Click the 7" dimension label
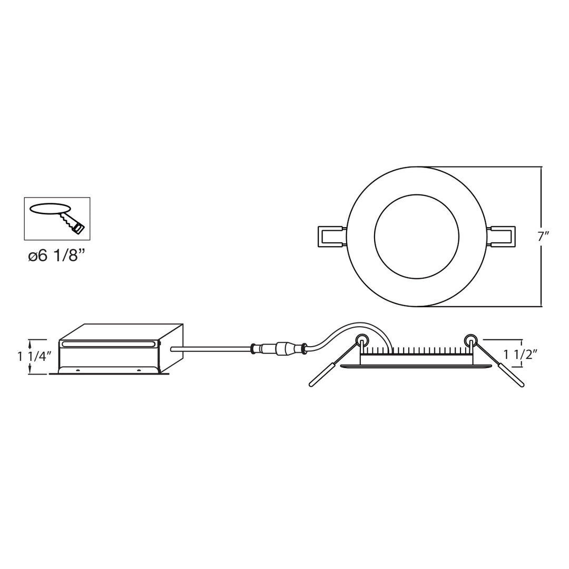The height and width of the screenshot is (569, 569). click(543, 237)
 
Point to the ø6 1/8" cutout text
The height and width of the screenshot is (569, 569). click(56, 256)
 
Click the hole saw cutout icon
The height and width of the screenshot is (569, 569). click(57, 218)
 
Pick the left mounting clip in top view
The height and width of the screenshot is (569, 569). click(332, 237)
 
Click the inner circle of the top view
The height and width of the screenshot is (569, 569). click(416, 237)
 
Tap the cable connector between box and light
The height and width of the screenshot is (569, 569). click(279, 348)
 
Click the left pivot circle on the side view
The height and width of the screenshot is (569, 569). click(362, 340)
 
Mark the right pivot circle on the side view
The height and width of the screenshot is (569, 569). click(470, 340)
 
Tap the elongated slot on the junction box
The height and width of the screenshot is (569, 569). click(109, 344)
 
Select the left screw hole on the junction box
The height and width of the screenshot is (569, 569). click(77, 370)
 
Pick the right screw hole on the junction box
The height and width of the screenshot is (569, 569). click(139, 370)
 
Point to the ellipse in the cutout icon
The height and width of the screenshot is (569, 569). click(50, 209)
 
